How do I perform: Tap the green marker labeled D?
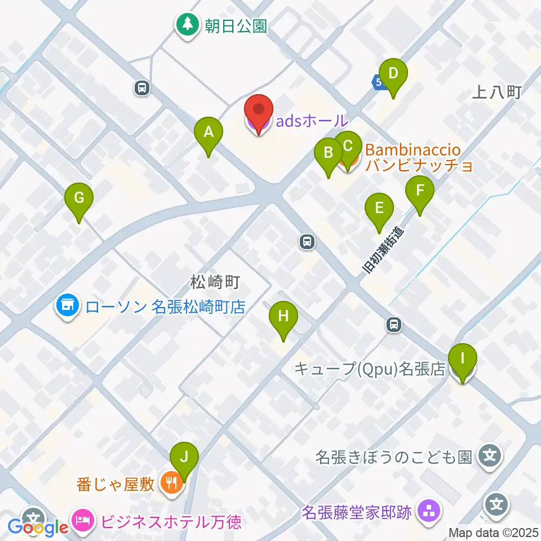coord(393,73)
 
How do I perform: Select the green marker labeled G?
coord(79,198)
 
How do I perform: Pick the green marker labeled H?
coord(283,317)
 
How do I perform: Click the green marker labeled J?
coord(186,456)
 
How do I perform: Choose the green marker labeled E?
coord(379,209)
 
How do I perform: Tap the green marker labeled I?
coord(463,358)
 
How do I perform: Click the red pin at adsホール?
coord(259,109)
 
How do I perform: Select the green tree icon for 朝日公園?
coord(186,25)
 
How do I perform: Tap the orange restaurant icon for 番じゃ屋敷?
coord(170,482)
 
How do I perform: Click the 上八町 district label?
coord(498,92)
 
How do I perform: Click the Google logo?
coord(38,527)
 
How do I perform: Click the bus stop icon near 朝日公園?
coord(142,87)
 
